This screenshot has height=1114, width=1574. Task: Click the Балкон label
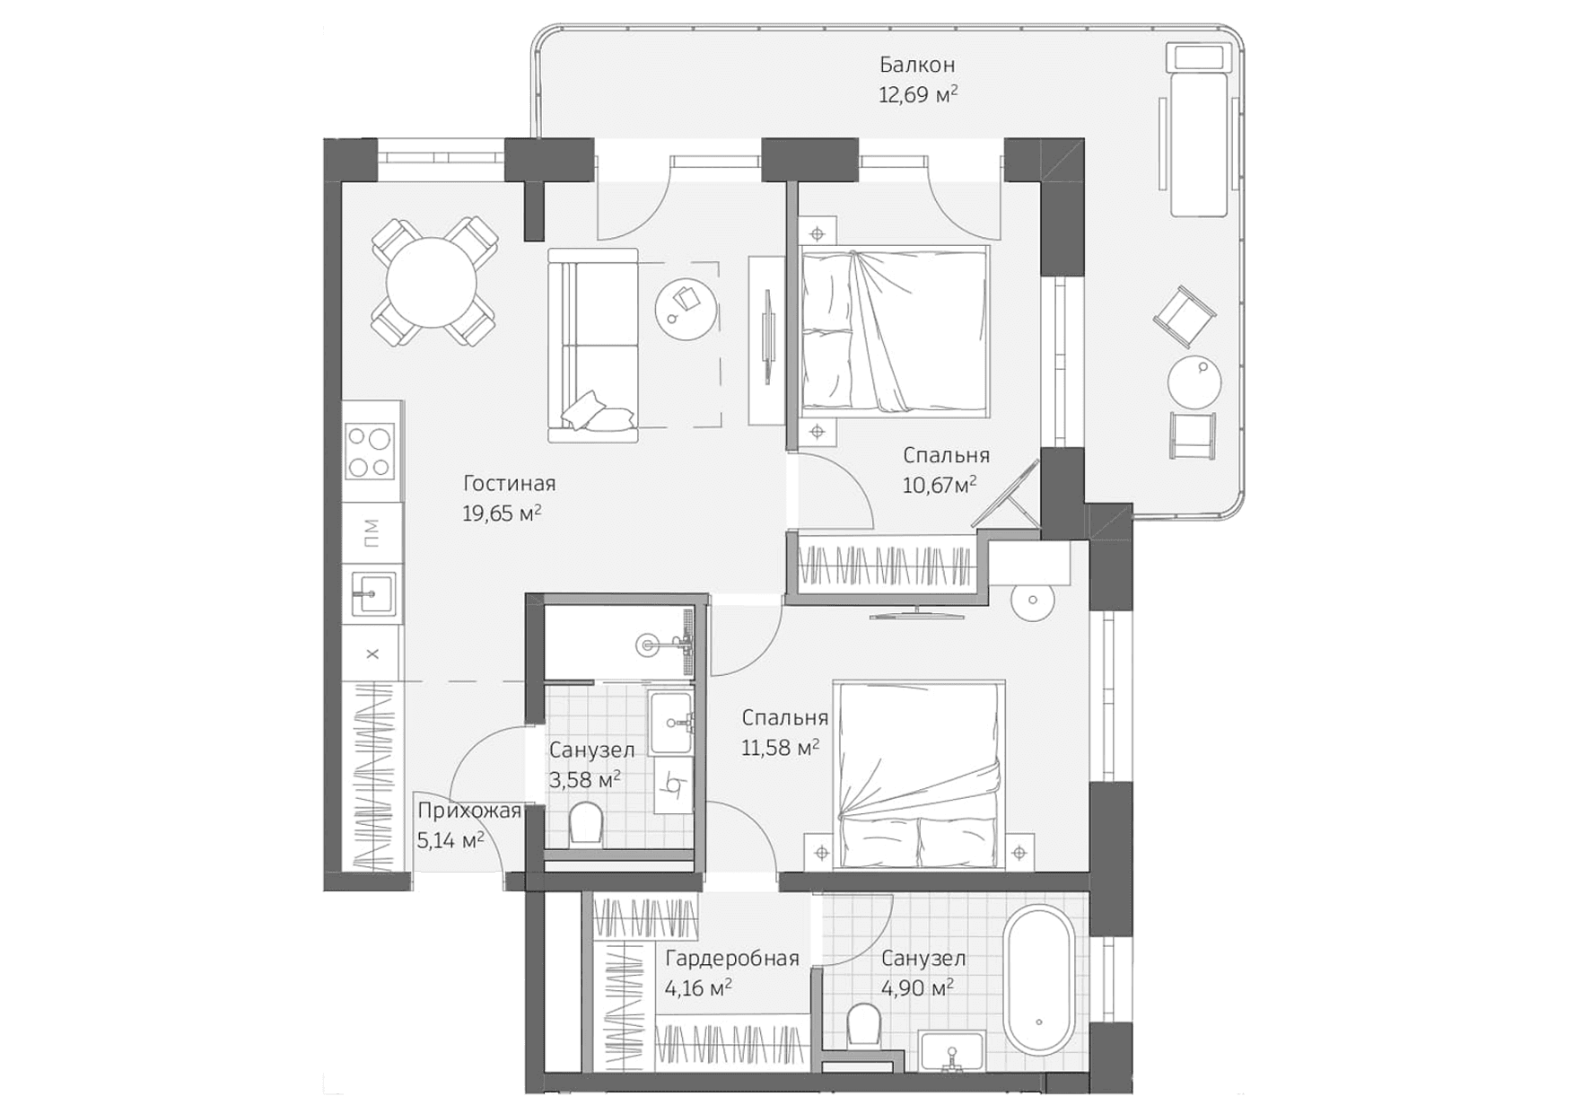coord(916,65)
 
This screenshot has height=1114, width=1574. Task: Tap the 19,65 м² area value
coord(501,513)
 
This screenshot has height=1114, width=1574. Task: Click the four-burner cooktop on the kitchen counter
coord(371,452)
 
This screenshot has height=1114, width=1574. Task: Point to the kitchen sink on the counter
coord(372,593)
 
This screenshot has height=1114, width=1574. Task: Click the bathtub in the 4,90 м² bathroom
coord(1038,980)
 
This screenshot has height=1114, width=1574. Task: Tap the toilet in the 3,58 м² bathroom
coord(586,823)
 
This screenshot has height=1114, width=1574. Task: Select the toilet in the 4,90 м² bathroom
coord(864,1024)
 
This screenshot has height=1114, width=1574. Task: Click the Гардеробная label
coord(731,959)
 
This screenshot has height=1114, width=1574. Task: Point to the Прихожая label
coord(468,811)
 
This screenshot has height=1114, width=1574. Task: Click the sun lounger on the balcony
coord(1197,130)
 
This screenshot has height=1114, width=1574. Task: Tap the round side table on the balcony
coord(1194,382)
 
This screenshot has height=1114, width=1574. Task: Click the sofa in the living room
coord(593,346)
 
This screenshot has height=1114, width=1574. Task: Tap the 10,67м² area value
coord(939,486)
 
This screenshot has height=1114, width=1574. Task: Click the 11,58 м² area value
coord(779,748)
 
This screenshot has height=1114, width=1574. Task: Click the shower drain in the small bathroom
coord(648,644)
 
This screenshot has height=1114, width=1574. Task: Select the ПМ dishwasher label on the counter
coord(372,532)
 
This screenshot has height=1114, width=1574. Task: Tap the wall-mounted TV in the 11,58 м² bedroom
coord(916,614)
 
